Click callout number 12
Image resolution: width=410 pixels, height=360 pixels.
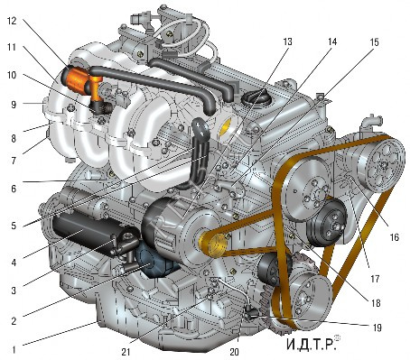click(x=12, y=21)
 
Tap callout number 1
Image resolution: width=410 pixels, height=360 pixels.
click(x=14, y=350)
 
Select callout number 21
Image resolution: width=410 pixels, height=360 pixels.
click(x=126, y=352)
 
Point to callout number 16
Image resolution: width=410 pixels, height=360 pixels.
click(x=394, y=237)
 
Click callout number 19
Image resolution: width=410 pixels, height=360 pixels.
click(x=377, y=328)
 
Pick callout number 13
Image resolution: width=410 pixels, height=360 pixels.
click(x=287, y=42)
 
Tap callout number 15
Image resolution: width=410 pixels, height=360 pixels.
click(x=374, y=42)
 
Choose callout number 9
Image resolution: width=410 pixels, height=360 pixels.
click(x=14, y=105)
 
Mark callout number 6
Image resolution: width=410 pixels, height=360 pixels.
click(x=14, y=189)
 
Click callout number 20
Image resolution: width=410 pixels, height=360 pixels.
click(x=234, y=352)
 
